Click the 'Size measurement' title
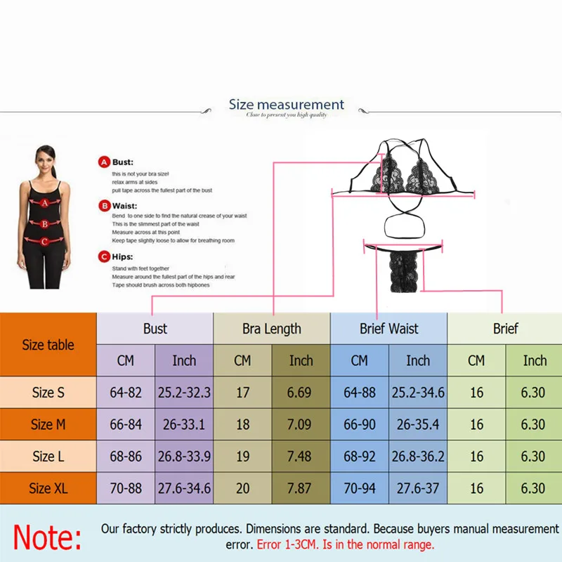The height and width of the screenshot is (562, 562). click(287, 105)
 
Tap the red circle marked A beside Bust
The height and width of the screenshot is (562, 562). click(105, 162)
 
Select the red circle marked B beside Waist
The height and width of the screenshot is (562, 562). click(105, 207)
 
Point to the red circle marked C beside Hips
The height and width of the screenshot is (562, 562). click(105, 257)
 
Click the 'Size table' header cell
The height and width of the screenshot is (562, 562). click(48, 345)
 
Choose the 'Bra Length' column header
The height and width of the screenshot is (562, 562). click(271, 328)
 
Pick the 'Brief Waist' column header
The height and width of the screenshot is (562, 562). click(388, 328)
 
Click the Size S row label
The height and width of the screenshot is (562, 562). click(48, 393)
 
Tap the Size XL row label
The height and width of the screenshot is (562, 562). click(48, 488)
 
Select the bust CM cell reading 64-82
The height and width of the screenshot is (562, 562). click(126, 393)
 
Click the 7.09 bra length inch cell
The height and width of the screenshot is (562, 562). click(301, 424)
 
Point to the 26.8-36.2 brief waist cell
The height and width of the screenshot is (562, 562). click(418, 457)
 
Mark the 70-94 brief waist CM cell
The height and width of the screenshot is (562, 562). click(360, 488)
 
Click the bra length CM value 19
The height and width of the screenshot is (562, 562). click(242, 457)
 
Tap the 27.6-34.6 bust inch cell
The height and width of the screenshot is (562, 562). click(184, 488)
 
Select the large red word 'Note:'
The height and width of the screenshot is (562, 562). click(48, 537)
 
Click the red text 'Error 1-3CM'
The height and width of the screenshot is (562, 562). click(288, 544)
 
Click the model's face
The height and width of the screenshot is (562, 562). click(45, 159)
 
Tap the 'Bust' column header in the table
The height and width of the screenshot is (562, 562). click(155, 328)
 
